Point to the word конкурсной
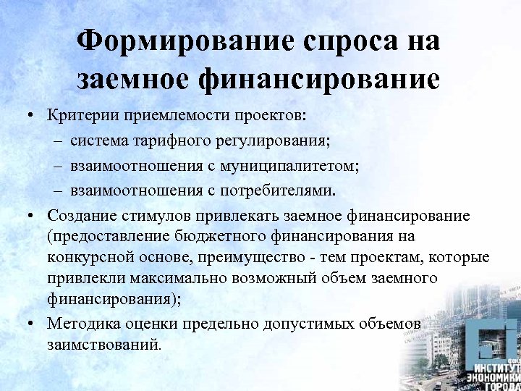point(84,258)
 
